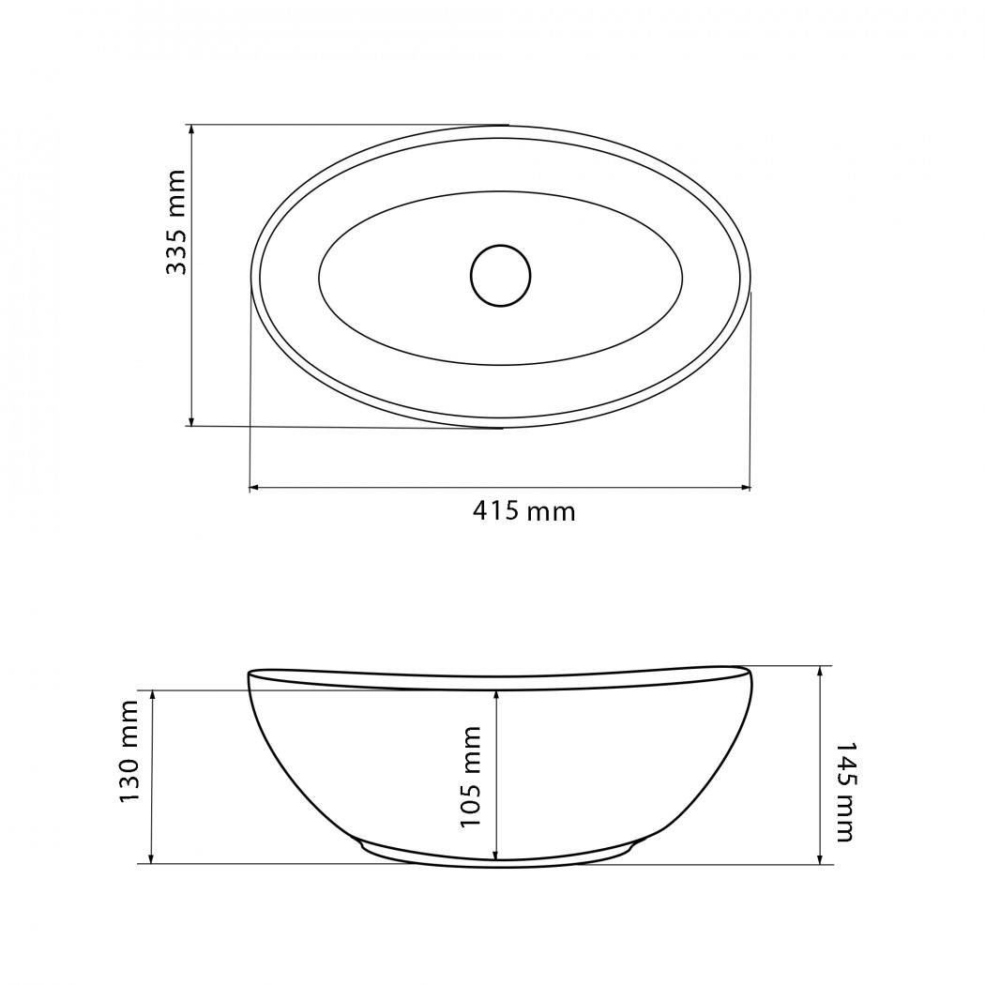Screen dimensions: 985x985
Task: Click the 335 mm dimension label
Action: coord(176,221)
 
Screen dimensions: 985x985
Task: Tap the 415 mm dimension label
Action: coord(523,511)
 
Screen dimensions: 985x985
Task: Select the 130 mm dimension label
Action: coord(129,751)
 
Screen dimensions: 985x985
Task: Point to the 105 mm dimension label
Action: coord(470,777)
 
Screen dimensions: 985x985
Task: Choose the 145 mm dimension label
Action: coord(844,792)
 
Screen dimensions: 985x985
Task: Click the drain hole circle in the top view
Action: coord(501,276)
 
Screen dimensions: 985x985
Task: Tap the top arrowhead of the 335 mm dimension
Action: coord(191,130)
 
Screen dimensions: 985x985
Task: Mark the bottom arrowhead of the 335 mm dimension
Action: coord(191,420)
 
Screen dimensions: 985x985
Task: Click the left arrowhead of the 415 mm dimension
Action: coord(255,487)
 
